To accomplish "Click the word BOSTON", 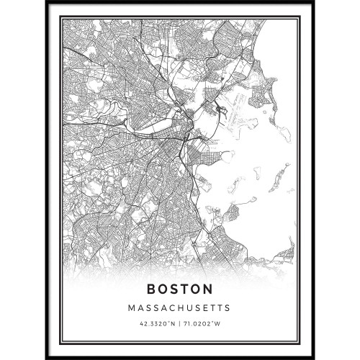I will [180, 289].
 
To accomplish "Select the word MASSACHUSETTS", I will [180, 308].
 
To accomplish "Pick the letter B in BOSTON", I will [153, 289].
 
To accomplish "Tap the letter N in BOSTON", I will [207, 289].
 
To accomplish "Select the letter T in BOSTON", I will [185, 289].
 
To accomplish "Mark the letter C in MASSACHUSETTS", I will [171, 308].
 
